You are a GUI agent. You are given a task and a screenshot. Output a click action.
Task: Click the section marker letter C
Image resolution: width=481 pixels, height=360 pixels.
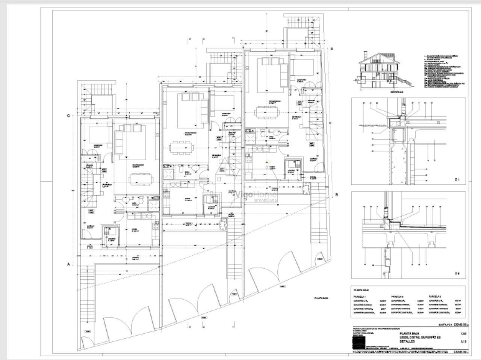[68, 116]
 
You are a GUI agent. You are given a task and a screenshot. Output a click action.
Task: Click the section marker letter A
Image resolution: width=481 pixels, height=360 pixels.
[68, 264]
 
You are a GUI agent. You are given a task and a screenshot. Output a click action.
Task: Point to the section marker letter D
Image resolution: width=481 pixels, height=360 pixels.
[332, 49]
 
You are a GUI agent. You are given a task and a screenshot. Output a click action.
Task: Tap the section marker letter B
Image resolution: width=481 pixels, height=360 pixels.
[337, 194]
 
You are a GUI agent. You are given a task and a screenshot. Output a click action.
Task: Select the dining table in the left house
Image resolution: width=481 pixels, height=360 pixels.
[142, 179]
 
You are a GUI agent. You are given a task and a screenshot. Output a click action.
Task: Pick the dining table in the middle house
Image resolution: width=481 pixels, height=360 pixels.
[182, 147]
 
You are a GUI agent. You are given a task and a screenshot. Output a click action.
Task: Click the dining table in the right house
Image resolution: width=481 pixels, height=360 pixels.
[267, 112]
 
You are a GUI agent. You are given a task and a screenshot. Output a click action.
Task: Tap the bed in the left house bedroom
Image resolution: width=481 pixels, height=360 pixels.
[98, 135]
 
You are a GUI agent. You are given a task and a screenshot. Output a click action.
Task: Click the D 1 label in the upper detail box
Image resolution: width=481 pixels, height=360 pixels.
[457, 179]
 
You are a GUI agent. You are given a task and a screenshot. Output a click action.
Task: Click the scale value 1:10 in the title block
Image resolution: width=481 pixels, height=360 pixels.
[463, 342]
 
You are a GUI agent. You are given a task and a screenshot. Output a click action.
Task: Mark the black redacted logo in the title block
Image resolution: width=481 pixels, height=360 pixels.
[359, 342]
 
